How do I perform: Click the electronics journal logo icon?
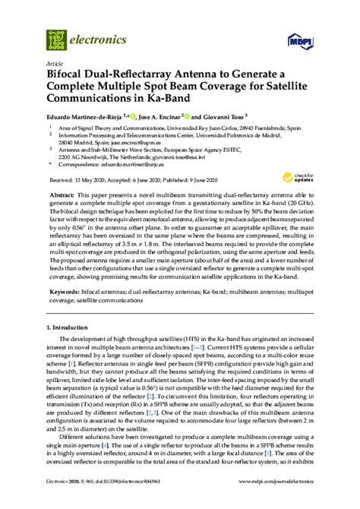tap(55, 36)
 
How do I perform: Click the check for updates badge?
tap(305, 178)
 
